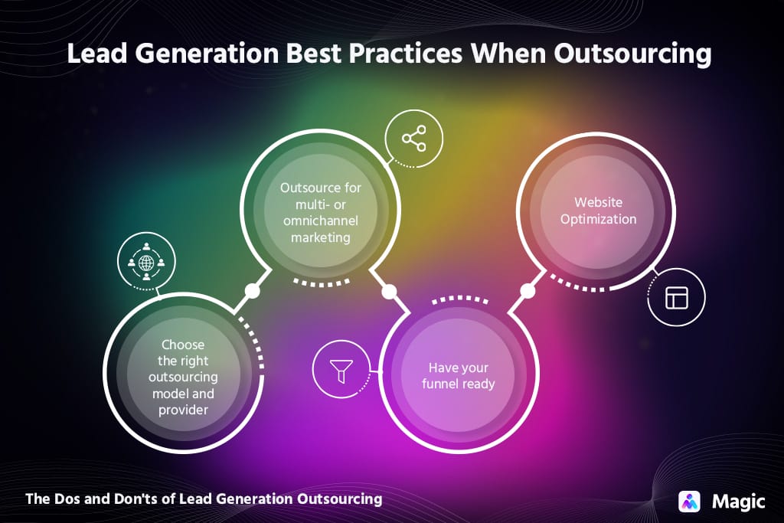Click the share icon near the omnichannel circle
pos(413,139)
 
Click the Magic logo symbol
pos(690,501)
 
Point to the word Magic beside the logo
pos(738,502)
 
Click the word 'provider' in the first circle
pos(184,410)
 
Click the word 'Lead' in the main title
pos(94,54)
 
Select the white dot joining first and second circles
pos(251,291)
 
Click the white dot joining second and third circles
pos(389,292)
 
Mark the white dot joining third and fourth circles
pos(527,291)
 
